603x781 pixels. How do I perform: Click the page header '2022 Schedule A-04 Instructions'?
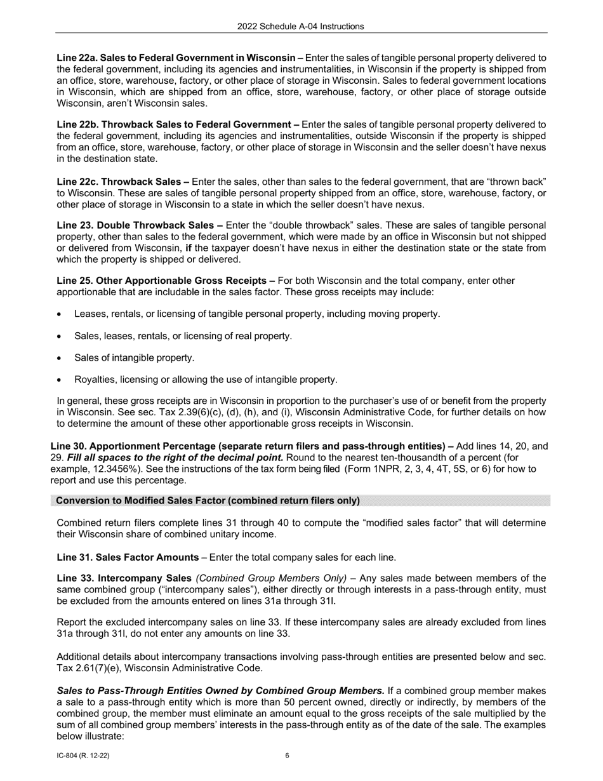(301, 26)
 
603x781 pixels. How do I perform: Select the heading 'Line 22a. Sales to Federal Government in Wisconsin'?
(176, 58)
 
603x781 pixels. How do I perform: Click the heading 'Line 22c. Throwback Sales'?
(123, 182)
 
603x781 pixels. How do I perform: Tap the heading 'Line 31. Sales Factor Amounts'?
(128, 557)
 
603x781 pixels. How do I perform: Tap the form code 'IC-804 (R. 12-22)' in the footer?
(86, 756)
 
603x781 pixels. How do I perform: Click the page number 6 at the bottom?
(288, 756)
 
